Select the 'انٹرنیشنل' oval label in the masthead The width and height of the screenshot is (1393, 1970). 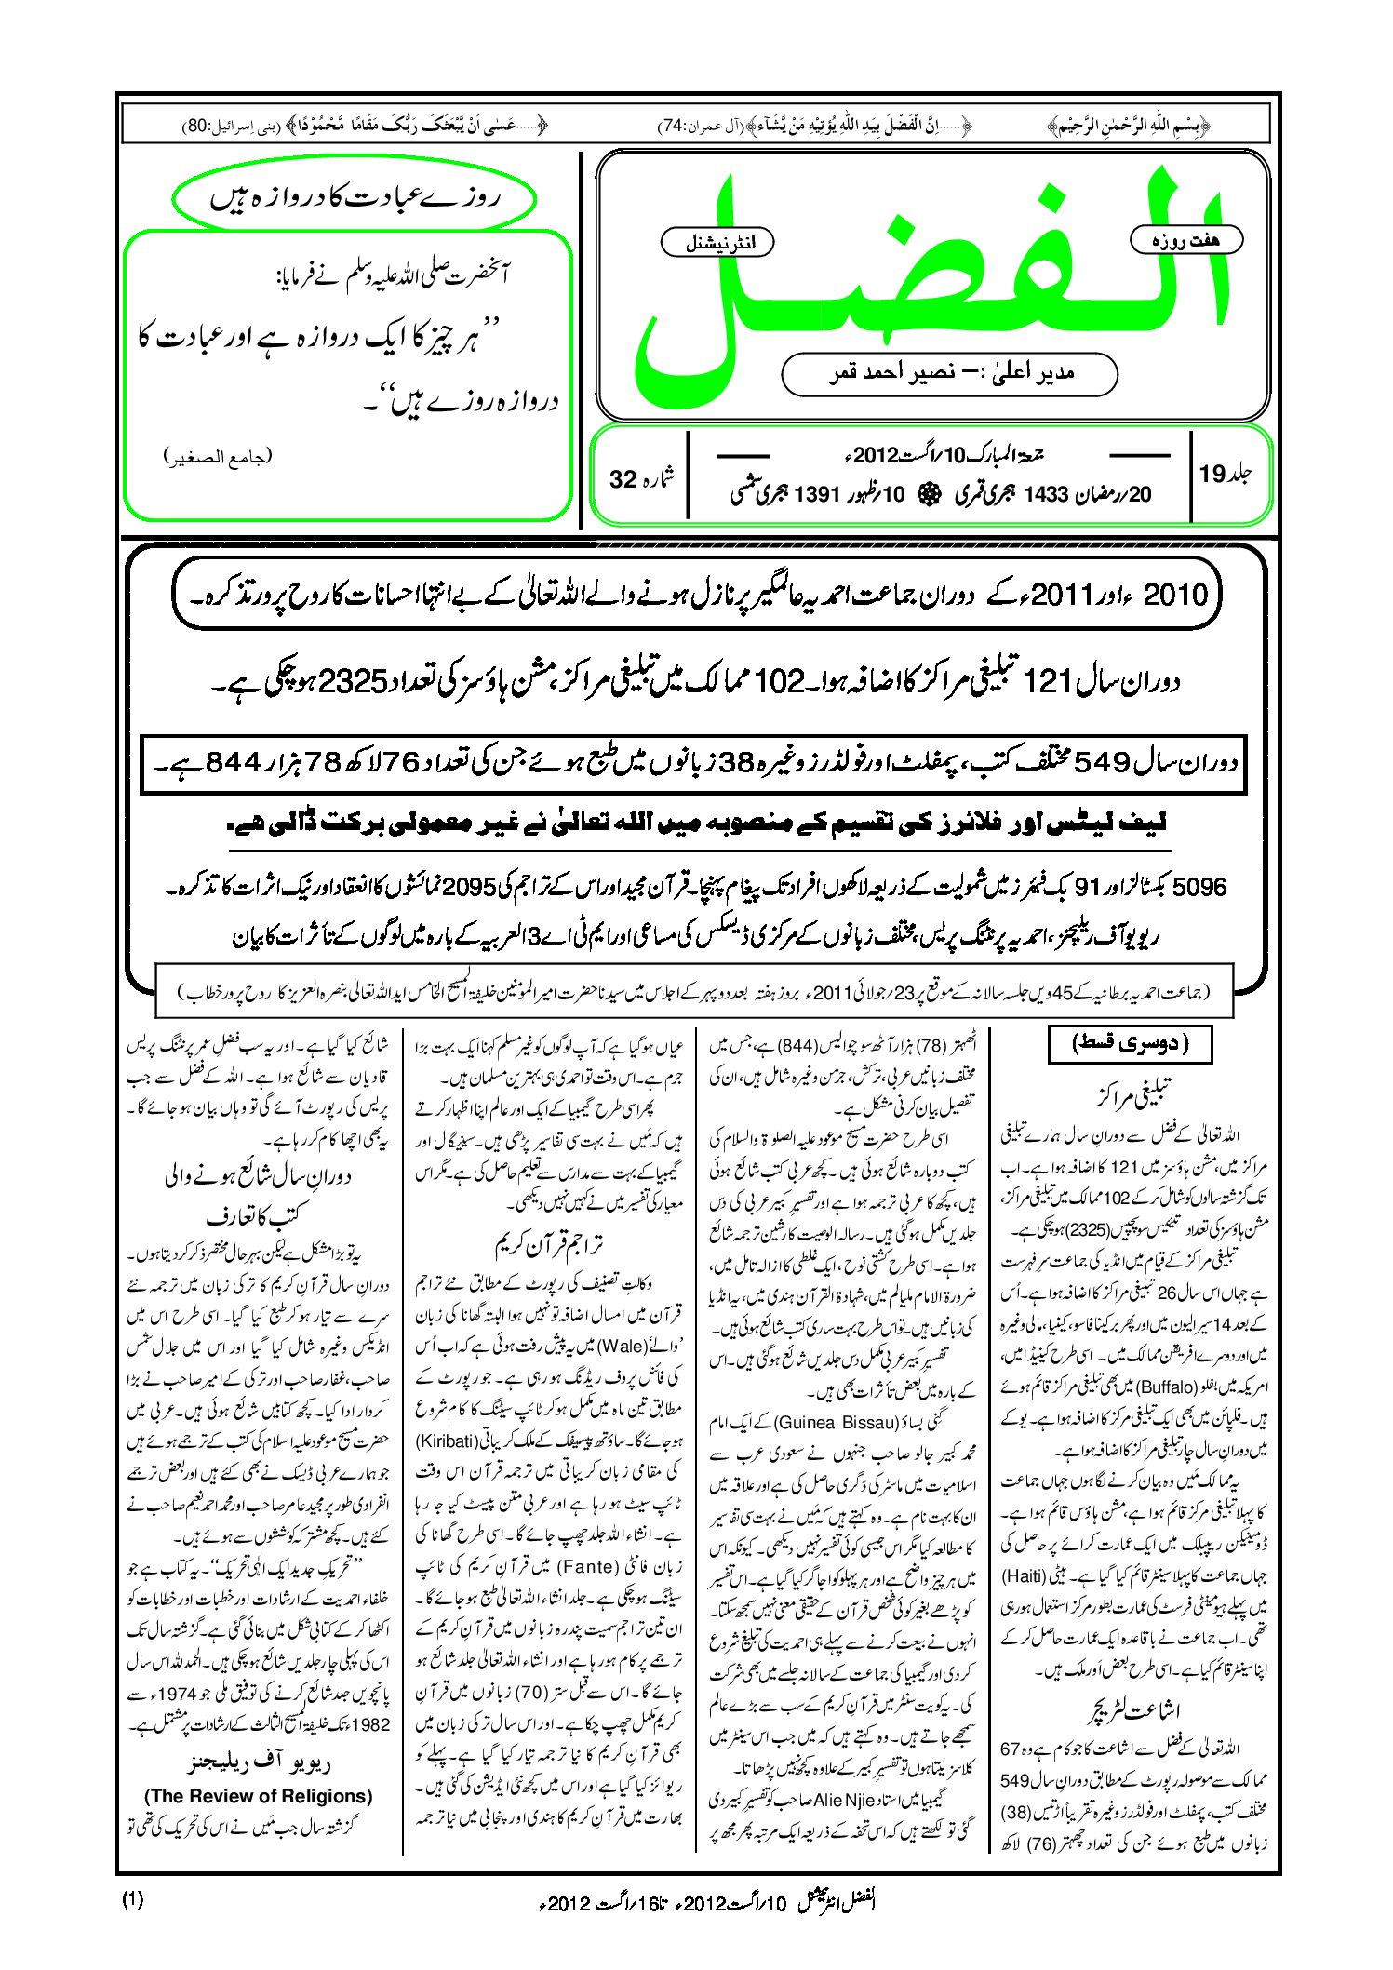717,243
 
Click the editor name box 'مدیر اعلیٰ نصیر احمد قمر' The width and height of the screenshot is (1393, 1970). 949,373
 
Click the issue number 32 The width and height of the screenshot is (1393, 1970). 623,478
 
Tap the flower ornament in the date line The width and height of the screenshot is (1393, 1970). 927,495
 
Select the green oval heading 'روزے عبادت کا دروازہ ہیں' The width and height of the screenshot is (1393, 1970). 355,199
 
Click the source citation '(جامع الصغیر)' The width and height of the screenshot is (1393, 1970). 218,457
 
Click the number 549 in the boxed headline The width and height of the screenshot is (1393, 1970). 1104,764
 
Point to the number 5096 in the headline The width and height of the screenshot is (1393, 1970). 1200,887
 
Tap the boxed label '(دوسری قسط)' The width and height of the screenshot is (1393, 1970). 1131,1043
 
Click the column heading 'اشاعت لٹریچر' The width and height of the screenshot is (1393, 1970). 1132,1710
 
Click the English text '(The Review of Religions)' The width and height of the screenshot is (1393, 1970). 259,1796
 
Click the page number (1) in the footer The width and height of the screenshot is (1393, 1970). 132,1899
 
